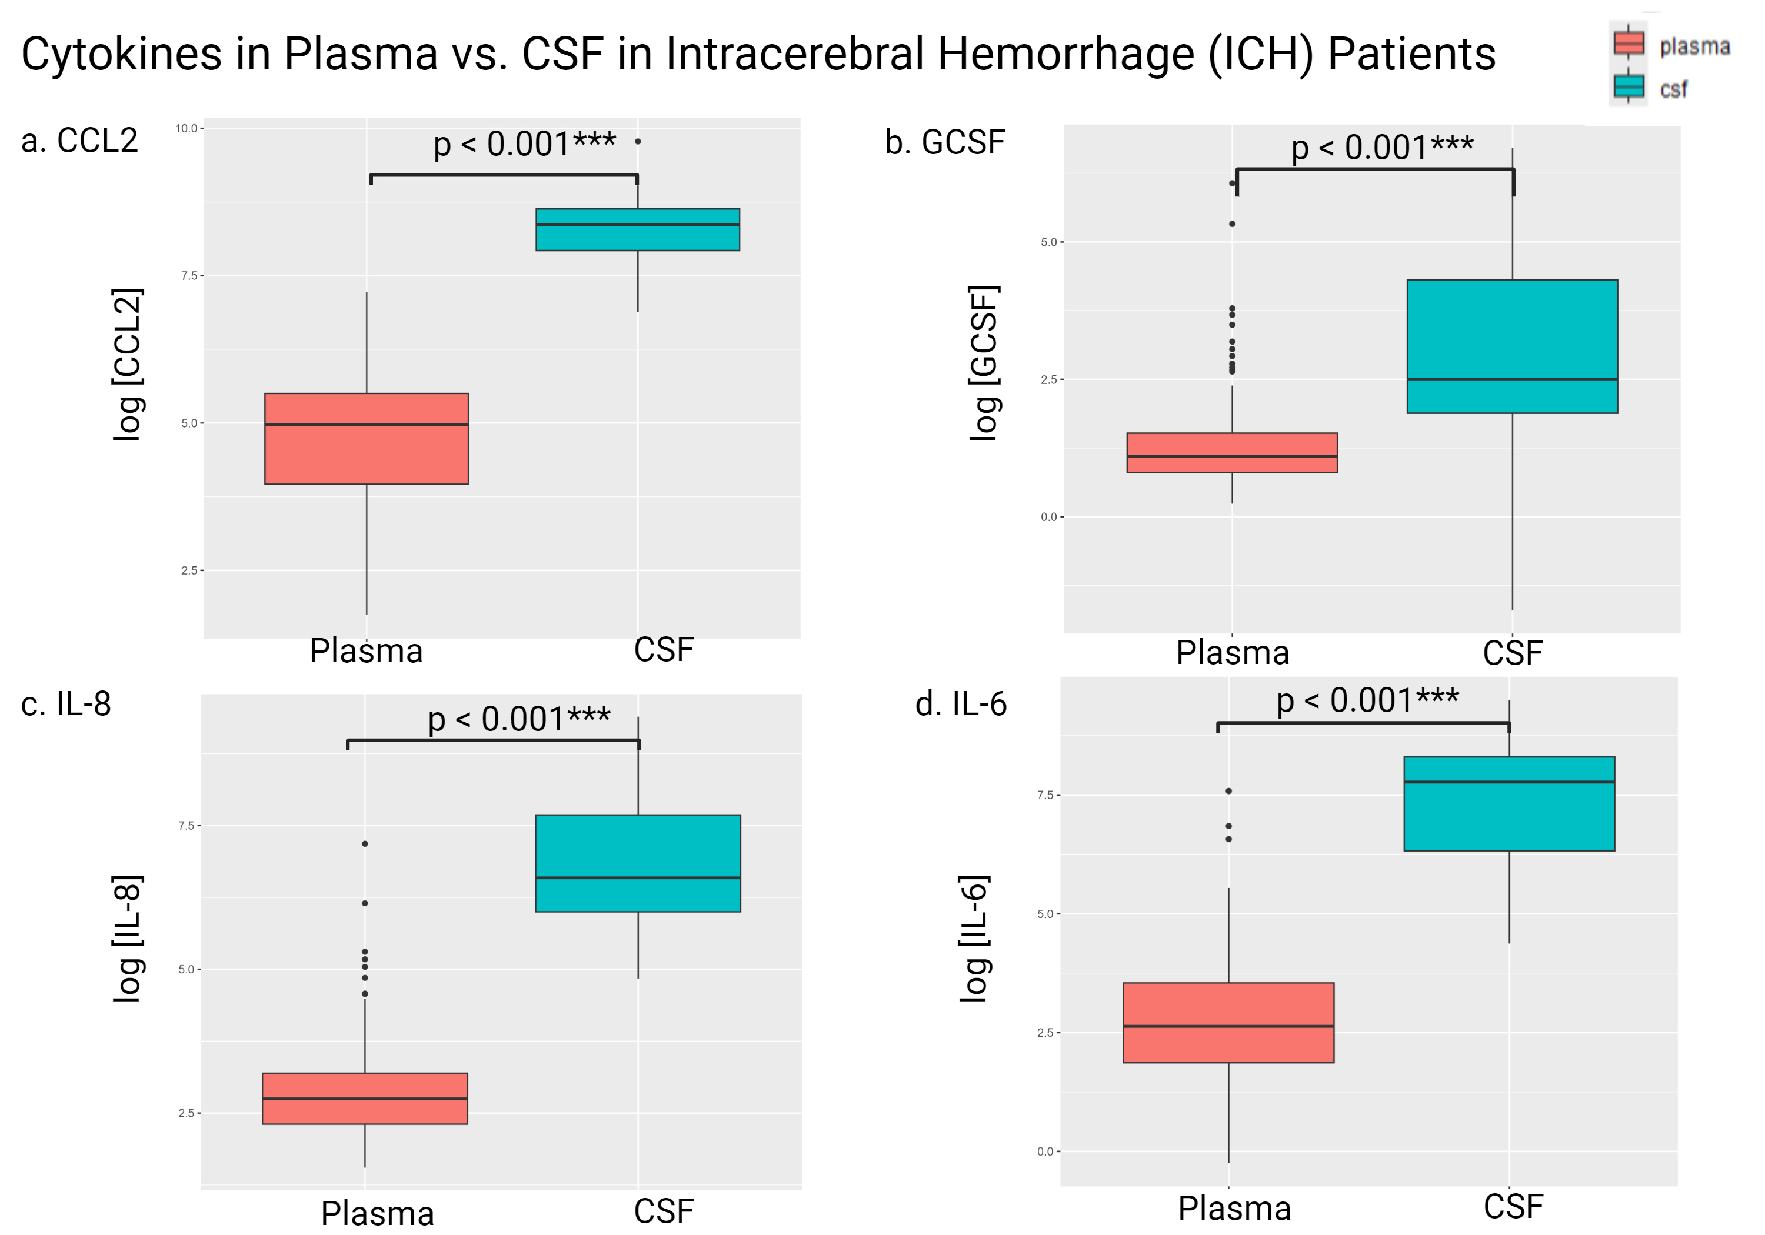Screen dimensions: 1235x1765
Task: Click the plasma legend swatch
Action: tap(1628, 43)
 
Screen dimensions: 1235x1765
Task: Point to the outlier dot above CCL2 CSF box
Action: tap(638, 141)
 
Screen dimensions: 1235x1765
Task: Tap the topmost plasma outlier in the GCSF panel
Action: tap(1233, 183)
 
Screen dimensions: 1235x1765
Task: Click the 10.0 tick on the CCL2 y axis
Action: tap(187, 128)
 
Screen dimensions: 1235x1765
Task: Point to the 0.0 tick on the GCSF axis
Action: tap(1050, 517)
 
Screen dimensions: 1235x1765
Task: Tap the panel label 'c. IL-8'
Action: tap(66, 704)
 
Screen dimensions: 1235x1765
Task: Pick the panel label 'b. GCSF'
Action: tap(945, 142)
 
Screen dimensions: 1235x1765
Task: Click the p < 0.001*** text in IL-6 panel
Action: tap(1367, 700)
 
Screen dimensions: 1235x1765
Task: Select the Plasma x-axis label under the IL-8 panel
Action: tap(378, 1213)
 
